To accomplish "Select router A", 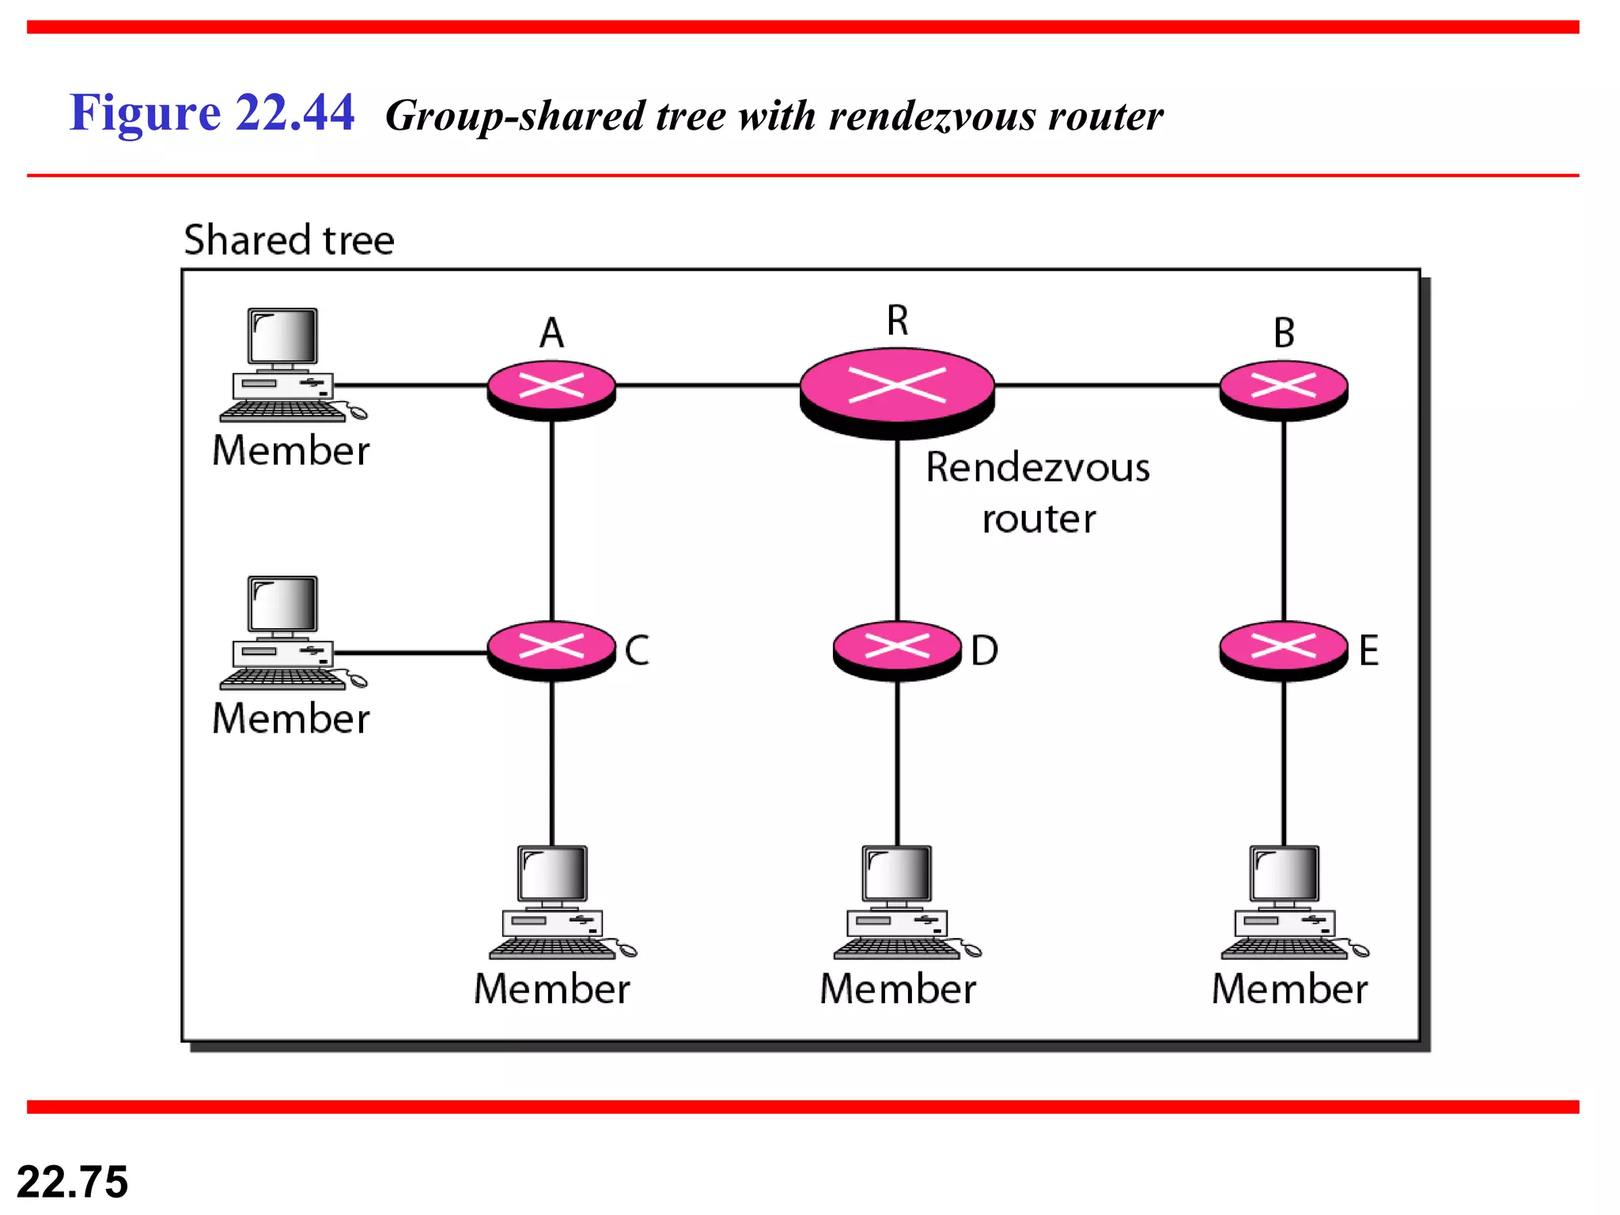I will [x=551, y=388].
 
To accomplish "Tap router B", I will [x=1283, y=388].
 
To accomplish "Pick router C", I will [x=551, y=649].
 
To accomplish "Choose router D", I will [x=897, y=649].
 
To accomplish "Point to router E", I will [x=1283, y=649].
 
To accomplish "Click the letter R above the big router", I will [x=897, y=320].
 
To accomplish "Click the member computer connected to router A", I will [x=285, y=364].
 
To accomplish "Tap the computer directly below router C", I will [x=554, y=902].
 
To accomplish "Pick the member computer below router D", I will [x=899, y=902].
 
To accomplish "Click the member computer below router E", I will [x=1286, y=902].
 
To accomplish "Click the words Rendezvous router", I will [x=1038, y=492].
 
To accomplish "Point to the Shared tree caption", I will [x=289, y=240].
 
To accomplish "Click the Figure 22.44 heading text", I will [x=212, y=112].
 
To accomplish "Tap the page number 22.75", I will [x=72, y=1182].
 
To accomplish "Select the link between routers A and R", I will [x=708, y=385].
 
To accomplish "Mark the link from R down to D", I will [x=897, y=530].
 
